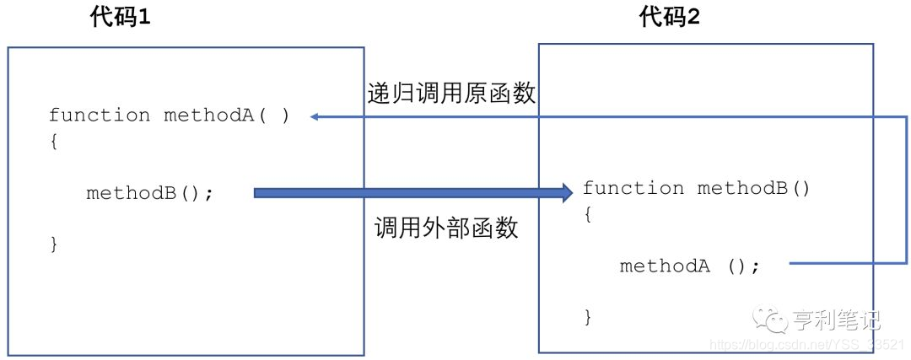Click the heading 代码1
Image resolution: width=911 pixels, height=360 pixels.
coord(120,19)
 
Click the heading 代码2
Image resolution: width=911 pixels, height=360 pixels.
coord(670,19)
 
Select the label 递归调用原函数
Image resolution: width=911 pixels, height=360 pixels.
coord(451,94)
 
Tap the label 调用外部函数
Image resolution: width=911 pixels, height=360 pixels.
coord(446,227)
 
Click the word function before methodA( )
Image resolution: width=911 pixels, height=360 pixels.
coord(100,116)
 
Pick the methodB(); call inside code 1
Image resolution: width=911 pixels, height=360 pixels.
coord(150,193)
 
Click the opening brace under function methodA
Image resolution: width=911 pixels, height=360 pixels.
coord(53,142)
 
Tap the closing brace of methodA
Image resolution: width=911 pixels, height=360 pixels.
coord(53,244)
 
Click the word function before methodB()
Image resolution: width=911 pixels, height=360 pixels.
coord(633,188)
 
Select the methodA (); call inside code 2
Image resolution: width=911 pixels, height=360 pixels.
coord(690,266)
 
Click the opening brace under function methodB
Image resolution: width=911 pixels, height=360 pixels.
coord(588,214)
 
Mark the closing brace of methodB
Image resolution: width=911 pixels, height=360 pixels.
coord(588,317)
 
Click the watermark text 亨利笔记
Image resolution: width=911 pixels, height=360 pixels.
coord(836,320)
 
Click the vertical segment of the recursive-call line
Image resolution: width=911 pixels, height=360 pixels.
coord(906,191)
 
